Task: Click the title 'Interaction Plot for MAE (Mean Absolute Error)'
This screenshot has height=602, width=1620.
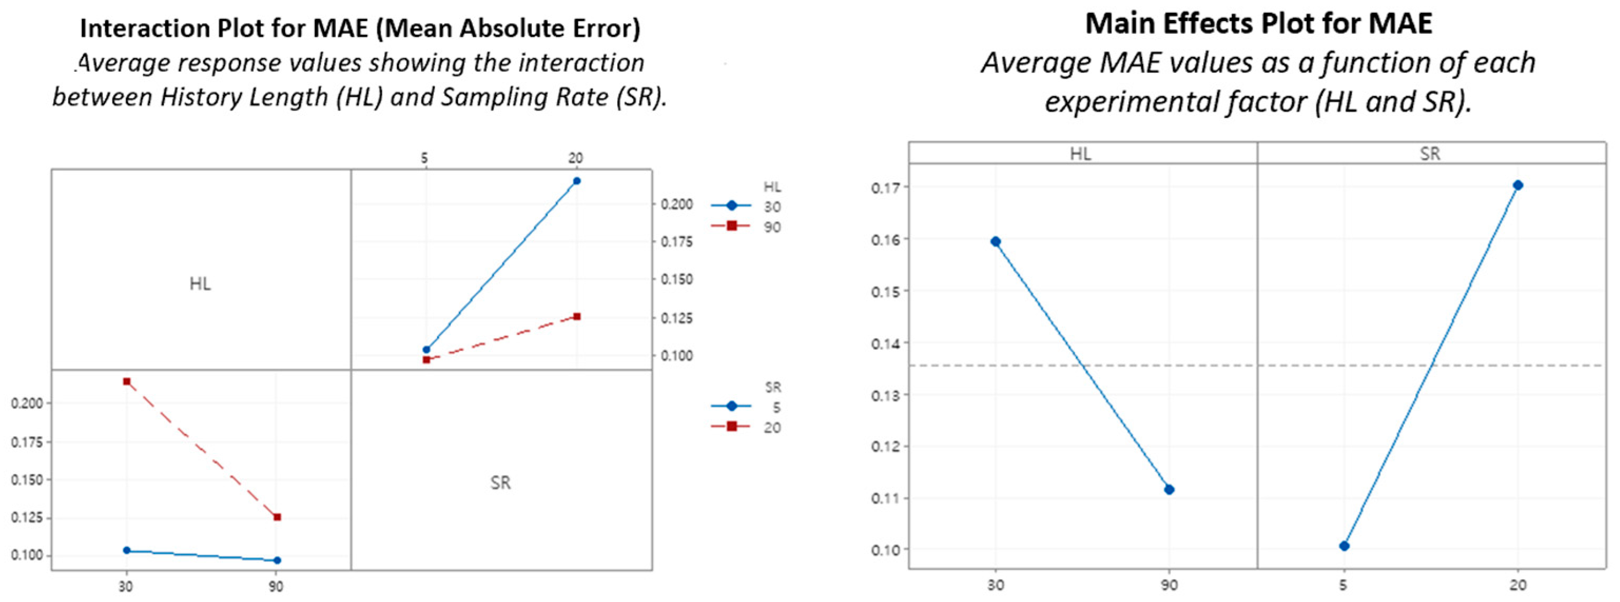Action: coord(360,28)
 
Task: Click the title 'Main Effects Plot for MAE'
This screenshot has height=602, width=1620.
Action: coord(1258,24)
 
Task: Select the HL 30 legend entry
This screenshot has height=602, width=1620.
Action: coord(746,206)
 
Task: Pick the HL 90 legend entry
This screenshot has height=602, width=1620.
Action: coord(746,226)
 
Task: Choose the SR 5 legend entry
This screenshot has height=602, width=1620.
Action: coord(746,407)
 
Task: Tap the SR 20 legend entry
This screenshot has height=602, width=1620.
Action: coord(746,427)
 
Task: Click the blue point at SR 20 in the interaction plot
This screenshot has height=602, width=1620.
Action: coord(577,181)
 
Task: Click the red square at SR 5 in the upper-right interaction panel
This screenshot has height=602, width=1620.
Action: coord(426,359)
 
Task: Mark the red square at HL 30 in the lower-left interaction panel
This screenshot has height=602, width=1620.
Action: coord(127,381)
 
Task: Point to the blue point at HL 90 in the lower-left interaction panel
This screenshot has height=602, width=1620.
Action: coord(277,560)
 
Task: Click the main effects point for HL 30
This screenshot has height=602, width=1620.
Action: coord(996,241)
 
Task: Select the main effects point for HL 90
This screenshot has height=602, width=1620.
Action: coord(1169,489)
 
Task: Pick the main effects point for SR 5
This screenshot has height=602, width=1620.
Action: coord(1344,546)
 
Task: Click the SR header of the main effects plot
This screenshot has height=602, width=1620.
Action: coord(1430,153)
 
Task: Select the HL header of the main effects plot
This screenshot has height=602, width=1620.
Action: coord(1080,153)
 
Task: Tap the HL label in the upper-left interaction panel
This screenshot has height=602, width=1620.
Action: coord(200,284)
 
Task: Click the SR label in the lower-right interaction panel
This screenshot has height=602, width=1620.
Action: coord(501,482)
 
